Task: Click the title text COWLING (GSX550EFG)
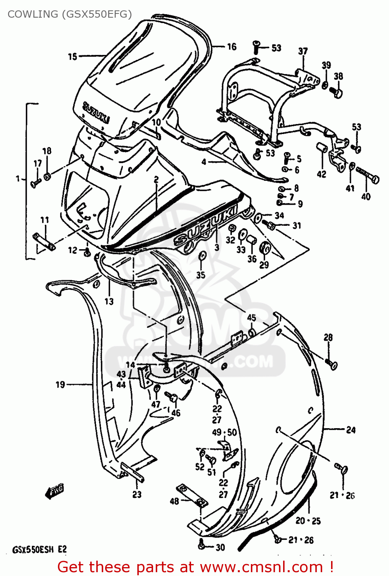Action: (69, 14)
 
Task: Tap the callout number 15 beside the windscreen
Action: (73, 57)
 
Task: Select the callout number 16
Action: (232, 47)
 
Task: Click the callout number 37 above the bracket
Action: (303, 51)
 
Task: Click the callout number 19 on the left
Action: (60, 384)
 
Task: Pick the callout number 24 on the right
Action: (351, 430)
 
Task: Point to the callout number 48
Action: (174, 501)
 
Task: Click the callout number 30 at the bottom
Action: (220, 548)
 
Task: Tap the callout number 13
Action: (109, 301)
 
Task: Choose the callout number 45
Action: (251, 318)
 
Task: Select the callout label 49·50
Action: (224, 432)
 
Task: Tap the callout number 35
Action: (201, 275)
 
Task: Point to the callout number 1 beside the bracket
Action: (18, 179)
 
